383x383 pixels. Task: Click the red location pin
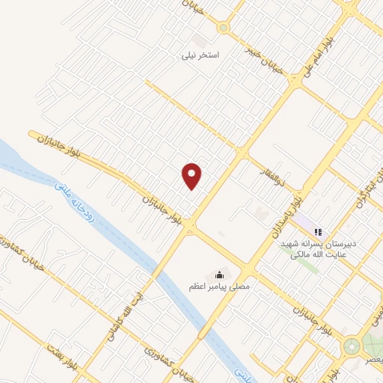[x=192, y=175]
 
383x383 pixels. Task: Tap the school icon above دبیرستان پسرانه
[x=318, y=232]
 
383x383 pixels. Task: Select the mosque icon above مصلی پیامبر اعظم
[x=219, y=274]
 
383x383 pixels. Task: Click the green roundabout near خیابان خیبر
[x=224, y=28]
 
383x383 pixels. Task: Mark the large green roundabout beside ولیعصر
[x=352, y=346]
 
